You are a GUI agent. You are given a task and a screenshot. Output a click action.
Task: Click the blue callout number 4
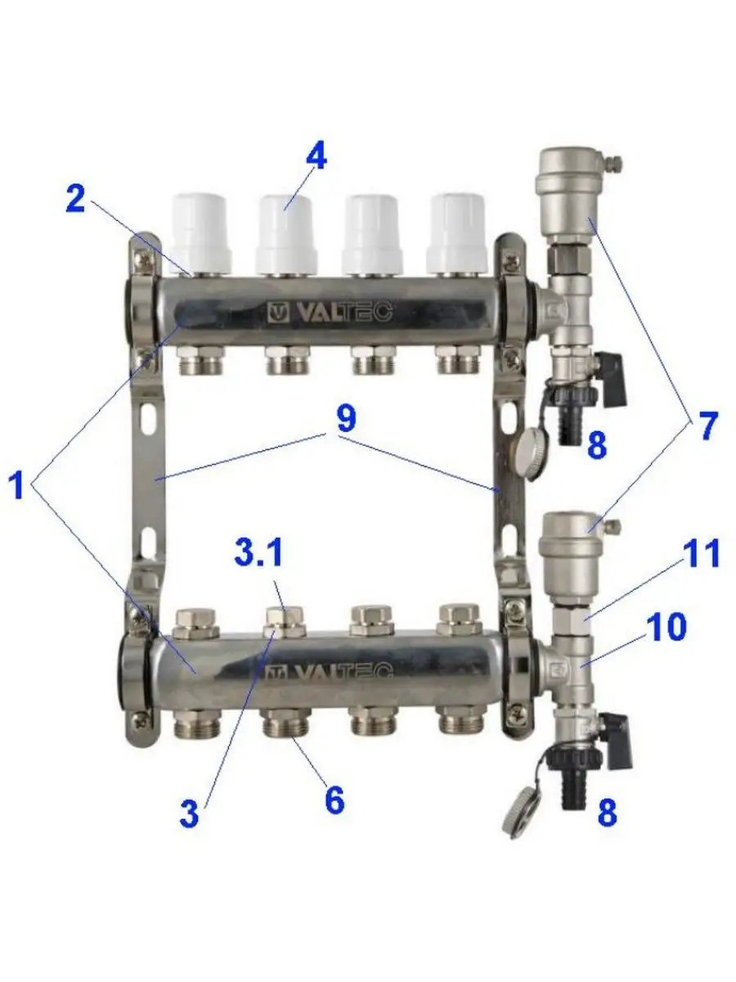[316, 158]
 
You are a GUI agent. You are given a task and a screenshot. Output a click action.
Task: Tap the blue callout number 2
[75, 199]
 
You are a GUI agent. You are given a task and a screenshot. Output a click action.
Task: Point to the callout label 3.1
[258, 552]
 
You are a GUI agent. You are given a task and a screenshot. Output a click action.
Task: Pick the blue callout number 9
[346, 419]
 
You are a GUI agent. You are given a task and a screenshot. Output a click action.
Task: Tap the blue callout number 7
[707, 426]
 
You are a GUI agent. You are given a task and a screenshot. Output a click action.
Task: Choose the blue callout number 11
[701, 553]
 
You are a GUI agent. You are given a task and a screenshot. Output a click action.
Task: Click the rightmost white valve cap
[456, 233]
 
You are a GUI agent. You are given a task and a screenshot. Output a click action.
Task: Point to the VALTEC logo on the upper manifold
[330, 313]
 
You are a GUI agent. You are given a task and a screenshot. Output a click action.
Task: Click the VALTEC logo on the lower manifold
[329, 672]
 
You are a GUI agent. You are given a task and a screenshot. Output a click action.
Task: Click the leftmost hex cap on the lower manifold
[195, 622]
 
